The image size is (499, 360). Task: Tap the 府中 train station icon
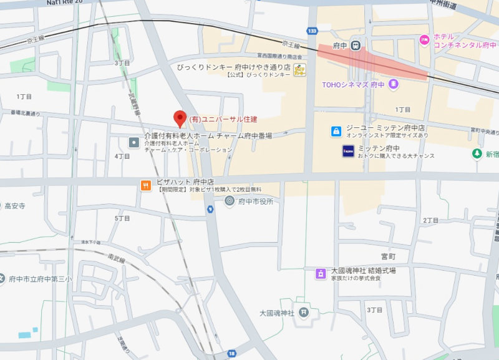pyautogui.click(x=355, y=45)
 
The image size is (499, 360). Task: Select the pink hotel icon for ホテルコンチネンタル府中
pyautogui.click(x=425, y=40)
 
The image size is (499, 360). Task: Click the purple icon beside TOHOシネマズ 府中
pyautogui.click(x=393, y=84)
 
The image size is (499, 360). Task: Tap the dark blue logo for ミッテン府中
pyautogui.click(x=348, y=151)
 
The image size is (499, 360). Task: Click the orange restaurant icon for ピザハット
pyautogui.click(x=145, y=185)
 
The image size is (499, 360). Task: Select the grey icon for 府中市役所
pyautogui.click(x=230, y=201)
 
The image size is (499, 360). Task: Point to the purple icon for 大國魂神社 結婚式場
pyautogui.click(x=321, y=273)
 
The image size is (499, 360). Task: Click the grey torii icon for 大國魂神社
pyautogui.click(x=303, y=312)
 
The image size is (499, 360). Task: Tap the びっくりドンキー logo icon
pyautogui.click(x=300, y=70)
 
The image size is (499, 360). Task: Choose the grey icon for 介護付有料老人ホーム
pyautogui.click(x=133, y=143)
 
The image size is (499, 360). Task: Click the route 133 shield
pyautogui.click(x=312, y=31)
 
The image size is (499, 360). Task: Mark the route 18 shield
pyautogui.click(x=232, y=353)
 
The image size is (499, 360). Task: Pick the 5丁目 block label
pyautogui.click(x=122, y=218)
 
